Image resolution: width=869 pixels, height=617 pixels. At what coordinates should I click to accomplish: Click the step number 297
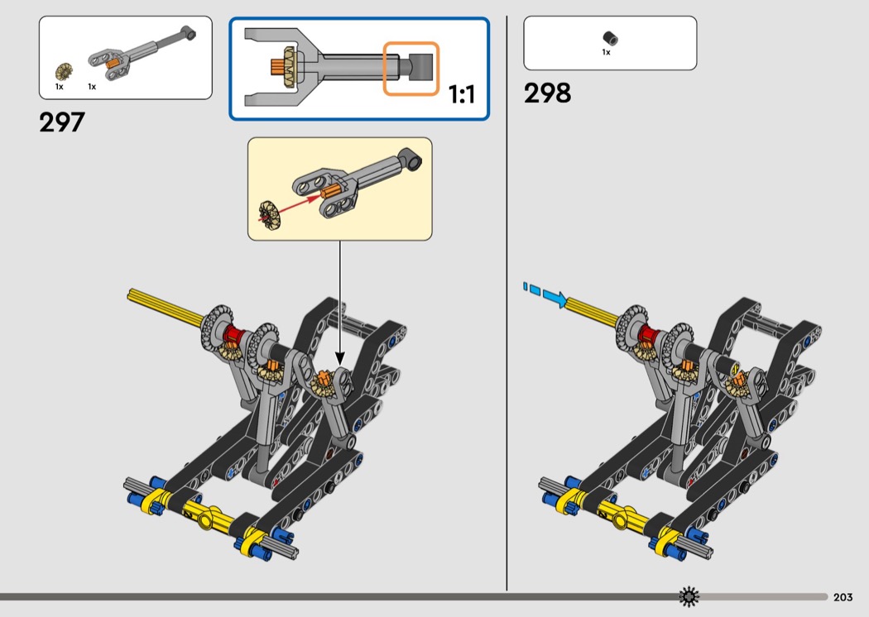pyautogui.click(x=62, y=122)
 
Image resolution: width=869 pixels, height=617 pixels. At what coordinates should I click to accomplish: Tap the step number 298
pyautogui.click(x=547, y=93)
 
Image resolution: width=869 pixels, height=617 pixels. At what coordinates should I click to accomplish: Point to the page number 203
pyautogui.click(x=843, y=597)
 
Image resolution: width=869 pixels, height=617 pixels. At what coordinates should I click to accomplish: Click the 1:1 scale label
pyautogui.click(x=462, y=94)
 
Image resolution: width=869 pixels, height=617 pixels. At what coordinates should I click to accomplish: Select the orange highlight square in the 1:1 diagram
pyautogui.click(x=411, y=69)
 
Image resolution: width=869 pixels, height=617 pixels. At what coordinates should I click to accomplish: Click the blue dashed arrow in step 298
pyautogui.click(x=545, y=294)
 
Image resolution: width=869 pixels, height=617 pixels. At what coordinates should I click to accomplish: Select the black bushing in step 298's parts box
pyautogui.click(x=610, y=38)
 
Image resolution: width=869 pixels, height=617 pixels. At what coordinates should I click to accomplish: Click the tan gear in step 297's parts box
pyautogui.click(x=65, y=72)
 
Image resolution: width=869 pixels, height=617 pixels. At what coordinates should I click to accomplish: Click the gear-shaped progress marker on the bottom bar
pyautogui.click(x=689, y=596)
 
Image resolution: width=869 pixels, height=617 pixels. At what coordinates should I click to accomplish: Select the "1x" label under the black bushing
pyautogui.click(x=607, y=53)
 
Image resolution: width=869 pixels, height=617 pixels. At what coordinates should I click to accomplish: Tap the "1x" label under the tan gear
pyautogui.click(x=60, y=87)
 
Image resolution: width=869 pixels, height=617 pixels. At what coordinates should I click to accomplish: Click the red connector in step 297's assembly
pyautogui.click(x=234, y=334)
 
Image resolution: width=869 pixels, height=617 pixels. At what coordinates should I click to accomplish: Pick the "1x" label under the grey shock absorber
pyautogui.click(x=92, y=87)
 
